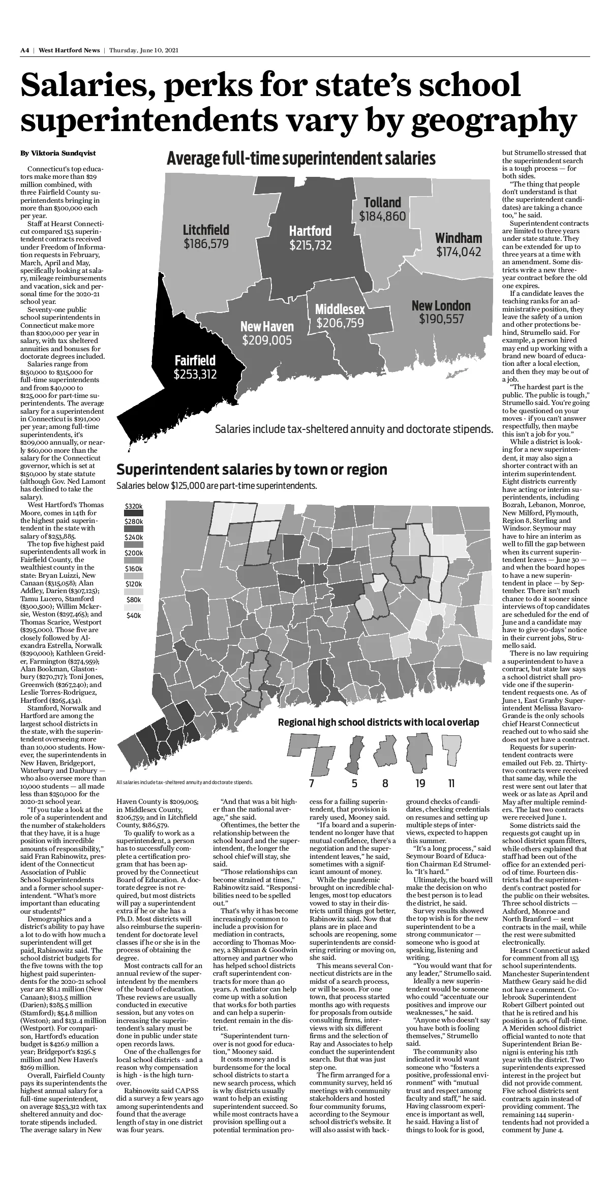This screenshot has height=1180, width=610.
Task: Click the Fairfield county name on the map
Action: click(x=195, y=361)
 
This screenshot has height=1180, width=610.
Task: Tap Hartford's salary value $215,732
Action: click(x=311, y=245)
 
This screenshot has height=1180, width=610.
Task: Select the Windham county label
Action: click(x=459, y=238)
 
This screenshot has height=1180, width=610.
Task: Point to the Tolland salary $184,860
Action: click(x=383, y=216)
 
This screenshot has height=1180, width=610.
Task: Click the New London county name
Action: click(x=441, y=305)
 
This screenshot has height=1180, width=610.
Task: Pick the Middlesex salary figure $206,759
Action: click(x=340, y=323)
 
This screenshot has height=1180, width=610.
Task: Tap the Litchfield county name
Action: click(x=206, y=230)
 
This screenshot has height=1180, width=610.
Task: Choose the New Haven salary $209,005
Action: click(x=267, y=340)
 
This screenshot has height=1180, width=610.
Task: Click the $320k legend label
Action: click(x=134, y=506)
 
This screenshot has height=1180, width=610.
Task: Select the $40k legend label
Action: click(x=134, y=616)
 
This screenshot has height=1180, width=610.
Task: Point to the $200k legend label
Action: click(x=134, y=553)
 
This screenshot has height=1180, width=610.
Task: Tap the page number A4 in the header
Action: click(x=25, y=50)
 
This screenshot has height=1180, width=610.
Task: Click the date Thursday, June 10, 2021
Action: click(x=143, y=50)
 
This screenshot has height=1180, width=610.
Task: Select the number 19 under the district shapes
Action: click(x=420, y=783)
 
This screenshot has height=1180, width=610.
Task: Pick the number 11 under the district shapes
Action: click(x=451, y=783)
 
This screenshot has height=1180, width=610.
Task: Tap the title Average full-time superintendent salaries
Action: click(x=301, y=159)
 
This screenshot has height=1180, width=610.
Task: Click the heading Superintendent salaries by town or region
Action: click(x=252, y=469)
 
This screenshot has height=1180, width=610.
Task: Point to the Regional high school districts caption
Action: click(x=378, y=722)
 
